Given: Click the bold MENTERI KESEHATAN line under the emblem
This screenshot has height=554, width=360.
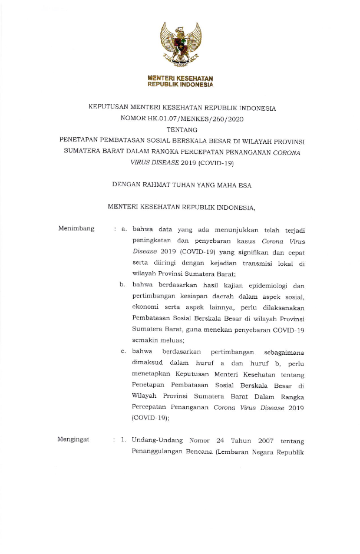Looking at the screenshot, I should point(180,78).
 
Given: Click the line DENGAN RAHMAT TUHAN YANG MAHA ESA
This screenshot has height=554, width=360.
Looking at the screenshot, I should point(181,185).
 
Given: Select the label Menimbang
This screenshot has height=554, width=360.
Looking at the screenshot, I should point(77,229).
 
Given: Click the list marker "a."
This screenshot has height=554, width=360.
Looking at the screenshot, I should point(124,229).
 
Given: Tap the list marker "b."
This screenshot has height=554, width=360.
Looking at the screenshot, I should point(124,285).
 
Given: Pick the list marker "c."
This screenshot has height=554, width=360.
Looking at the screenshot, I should point(124,352).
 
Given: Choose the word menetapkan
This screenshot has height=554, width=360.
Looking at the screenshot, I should point(154,374).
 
